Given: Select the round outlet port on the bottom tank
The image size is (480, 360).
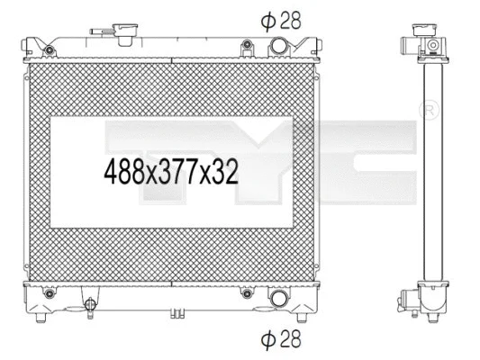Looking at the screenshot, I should [279, 299].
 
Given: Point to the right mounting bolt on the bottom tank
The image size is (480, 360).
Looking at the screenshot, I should [246, 292].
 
